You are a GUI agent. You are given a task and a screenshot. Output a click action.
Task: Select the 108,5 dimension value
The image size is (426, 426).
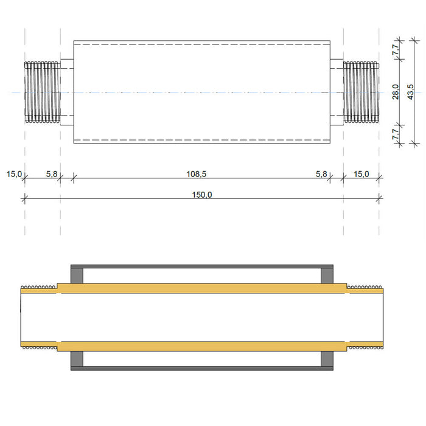coord(196,174)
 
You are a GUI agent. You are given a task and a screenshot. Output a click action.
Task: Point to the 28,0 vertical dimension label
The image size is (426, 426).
coord(395,91)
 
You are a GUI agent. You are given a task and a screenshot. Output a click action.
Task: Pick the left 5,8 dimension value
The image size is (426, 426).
coord(52,174)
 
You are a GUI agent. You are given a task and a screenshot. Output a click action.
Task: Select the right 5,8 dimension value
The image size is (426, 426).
coord(321,174)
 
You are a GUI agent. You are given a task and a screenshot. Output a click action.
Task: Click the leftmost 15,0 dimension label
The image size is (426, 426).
coord(14,174)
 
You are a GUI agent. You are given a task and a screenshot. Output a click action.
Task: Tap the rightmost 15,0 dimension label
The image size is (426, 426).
coord(361,174)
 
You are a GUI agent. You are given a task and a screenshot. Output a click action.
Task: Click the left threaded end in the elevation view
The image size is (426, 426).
coord(42,91)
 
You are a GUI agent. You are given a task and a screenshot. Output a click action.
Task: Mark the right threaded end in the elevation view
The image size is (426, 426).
coord(361,91)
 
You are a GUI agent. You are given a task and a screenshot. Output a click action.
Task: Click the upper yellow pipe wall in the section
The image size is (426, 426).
coord(201,288)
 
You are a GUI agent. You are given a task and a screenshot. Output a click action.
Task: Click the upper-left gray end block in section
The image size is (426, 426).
coord(77,274)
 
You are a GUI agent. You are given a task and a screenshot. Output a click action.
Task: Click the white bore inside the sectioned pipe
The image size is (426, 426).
coord(201,317)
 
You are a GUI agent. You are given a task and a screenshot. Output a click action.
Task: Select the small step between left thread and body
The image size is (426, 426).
coord(67,91)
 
